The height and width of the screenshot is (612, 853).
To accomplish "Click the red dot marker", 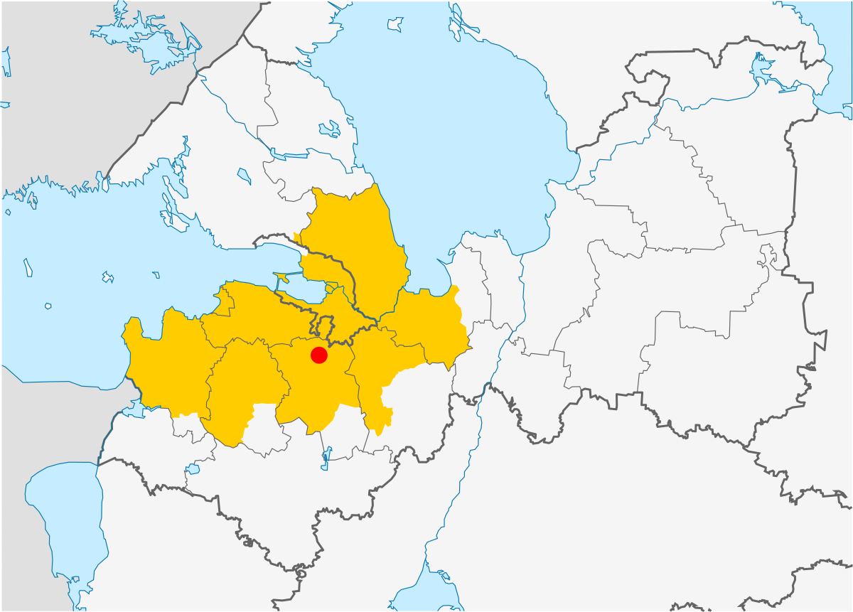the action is click(x=319, y=355).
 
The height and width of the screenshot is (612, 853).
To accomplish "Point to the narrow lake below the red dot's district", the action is click(x=325, y=458).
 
